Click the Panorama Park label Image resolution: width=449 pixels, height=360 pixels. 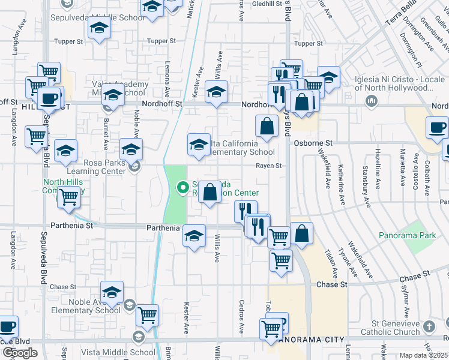coord(408,236)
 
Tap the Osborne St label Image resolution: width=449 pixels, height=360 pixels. coord(313,143)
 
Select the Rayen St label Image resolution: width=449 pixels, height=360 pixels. coord(269,166)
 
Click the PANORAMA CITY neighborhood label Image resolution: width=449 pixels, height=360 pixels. coord(307,339)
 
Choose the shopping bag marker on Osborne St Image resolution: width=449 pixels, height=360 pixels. coord(267,127)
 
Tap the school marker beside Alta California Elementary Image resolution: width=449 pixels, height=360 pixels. coord(199,145)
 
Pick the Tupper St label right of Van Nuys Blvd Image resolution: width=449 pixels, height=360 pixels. coord(309,44)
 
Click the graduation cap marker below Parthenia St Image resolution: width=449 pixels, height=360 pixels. coord(194,236)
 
